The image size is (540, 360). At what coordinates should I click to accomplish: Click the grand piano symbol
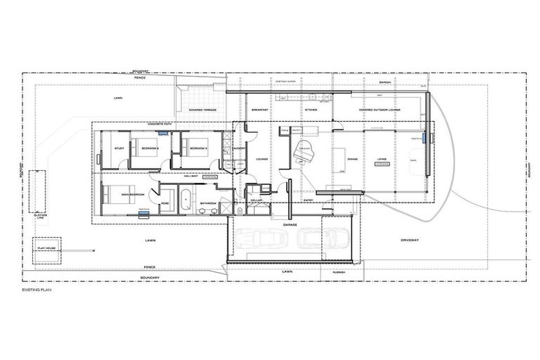(304, 152)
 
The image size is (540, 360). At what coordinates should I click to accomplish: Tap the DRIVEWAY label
(410, 240)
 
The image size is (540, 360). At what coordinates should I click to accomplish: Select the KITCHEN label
(310, 110)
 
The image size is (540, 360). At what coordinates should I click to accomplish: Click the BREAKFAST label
(260, 110)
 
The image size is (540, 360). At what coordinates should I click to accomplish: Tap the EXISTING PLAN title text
(37, 288)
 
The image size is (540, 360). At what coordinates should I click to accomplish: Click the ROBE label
(165, 203)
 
